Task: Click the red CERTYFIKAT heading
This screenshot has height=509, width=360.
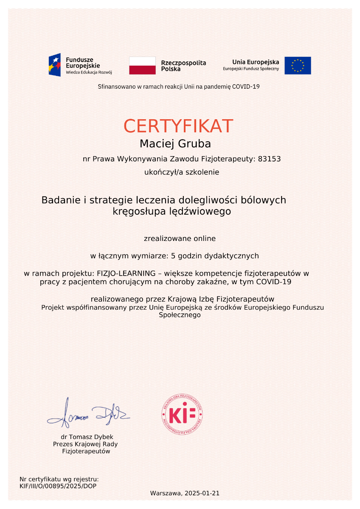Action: [178, 126]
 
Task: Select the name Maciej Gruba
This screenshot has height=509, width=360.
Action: [175, 144]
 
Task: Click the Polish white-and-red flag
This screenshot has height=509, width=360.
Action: [142, 65]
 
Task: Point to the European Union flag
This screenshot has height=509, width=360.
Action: [298, 65]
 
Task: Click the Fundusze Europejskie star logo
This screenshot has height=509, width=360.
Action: [55, 65]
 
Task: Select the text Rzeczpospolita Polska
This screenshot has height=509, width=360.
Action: [183, 66]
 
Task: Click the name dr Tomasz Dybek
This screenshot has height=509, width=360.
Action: [87, 437]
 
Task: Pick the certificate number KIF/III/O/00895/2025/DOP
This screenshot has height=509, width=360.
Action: [58, 486]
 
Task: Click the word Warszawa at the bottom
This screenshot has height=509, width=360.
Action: [165, 493]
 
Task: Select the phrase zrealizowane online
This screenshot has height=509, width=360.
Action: [180, 238]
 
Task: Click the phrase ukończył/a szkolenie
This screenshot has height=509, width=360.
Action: [182, 172]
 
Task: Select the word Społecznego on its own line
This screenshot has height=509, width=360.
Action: [180, 315]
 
